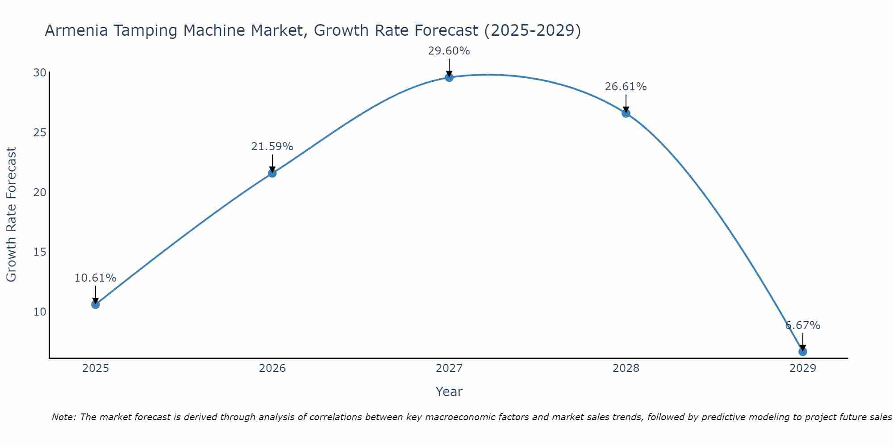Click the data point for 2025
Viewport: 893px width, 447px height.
pyautogui.click(x=95, y=304)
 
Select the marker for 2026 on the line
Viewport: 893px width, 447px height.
pyautogui.click(x=272, y=173)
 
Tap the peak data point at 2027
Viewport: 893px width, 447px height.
pyautogui.click(x=449, y=77)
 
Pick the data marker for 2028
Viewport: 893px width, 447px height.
pyautogui.click(x=626, y=113)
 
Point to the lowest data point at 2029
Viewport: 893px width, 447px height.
pyautogui.click(x=802, y=351)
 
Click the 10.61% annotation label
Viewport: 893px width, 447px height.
pyautogui.click(x=95, y=278)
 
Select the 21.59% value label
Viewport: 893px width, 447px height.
pyautogui.click(x=272, y=147)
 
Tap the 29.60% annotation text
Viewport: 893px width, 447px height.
pyautogui.click(x=449, y=51)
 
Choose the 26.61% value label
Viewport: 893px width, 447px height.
pyautogui.click(x=626, y=87)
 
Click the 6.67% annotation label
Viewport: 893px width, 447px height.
pyautogui.click(x=802, y=325)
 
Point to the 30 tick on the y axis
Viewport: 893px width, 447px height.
pyautogui.click(x=40, y=73)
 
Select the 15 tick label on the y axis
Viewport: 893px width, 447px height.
pyautogui.click(x=40, y=252)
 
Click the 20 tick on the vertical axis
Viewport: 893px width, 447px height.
pyautogui.click(x=40, y=192)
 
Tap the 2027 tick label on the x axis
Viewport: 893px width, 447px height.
pyautogui.click(x=449, y=368)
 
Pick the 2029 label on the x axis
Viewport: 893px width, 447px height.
pyautogui.click(x=802, y=368)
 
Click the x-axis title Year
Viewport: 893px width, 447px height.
pyautogui.click(x=449, y=392)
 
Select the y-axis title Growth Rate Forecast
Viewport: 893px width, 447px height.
pyautogui.click(x=12, y=215)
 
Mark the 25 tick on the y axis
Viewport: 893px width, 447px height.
pyautogui.click(x=40, y=133)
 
